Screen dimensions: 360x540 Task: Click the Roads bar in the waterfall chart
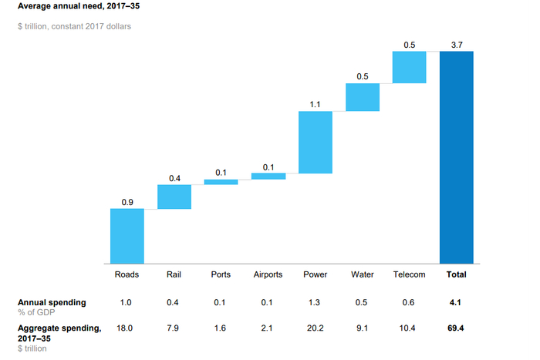pos(127,236)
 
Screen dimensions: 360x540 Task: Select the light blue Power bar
pos(315,142)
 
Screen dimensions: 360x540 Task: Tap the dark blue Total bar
pos(456,157)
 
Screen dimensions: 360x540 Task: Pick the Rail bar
pos(174,197)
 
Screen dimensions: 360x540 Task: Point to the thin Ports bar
pos(221,182)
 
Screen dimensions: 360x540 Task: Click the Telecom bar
pos(409,67)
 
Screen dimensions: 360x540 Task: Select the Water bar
pos(362,97)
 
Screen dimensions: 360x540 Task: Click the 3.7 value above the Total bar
pos(456,45)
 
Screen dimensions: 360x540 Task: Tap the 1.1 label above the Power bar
pos(315,105)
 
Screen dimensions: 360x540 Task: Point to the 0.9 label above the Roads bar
pos(127,202)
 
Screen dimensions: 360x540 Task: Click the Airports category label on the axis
pos(268,274)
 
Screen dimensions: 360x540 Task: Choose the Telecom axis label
pos(409,274)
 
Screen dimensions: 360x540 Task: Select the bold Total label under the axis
pos(456,274)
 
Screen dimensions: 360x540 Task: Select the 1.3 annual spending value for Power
pos(315,302)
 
